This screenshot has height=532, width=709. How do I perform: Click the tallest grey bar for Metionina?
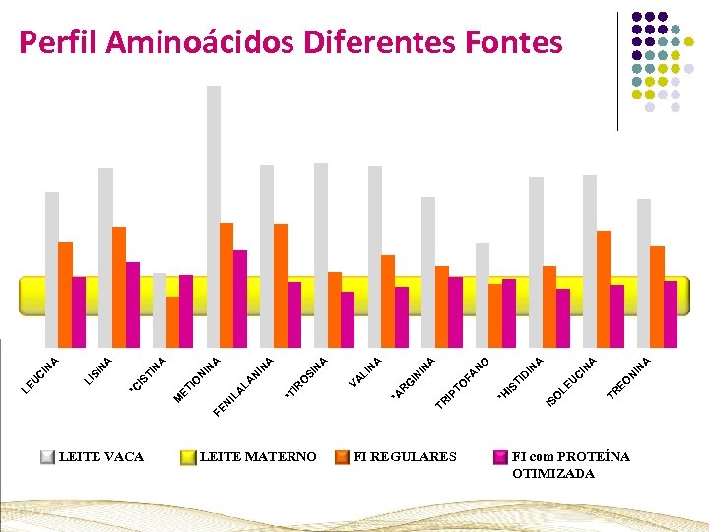[x=214, y=177]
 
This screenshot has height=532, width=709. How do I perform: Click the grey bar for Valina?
[x=375, y=246]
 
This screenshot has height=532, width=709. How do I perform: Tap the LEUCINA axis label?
[x=42, y=372]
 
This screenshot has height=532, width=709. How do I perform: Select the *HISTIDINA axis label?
[x=521, y=377]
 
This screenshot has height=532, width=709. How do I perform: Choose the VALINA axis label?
[x=366, y=370]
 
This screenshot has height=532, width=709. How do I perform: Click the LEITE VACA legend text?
[x=101, y=456]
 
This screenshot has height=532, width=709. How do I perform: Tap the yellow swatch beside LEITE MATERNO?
[x=187, y=457]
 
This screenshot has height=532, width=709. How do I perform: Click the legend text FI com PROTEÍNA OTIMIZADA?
[x=570, y=465]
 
